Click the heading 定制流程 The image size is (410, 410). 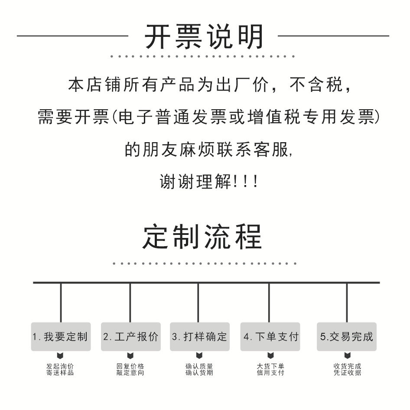click(202, 236)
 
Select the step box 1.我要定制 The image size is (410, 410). click(61, 336)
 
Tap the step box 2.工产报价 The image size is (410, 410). click(131, 336)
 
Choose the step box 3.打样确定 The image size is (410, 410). click(199, 336)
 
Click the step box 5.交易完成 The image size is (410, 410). click(346, 336)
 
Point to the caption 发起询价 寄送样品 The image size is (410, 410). click(60, 369)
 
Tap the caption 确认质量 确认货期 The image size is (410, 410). click(199, 369)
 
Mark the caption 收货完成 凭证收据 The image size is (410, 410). click(347, 369)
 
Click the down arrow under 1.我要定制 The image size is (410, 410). click(60, 356)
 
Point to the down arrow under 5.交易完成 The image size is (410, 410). click(347, 356)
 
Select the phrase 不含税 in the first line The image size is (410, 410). click(317, 85)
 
